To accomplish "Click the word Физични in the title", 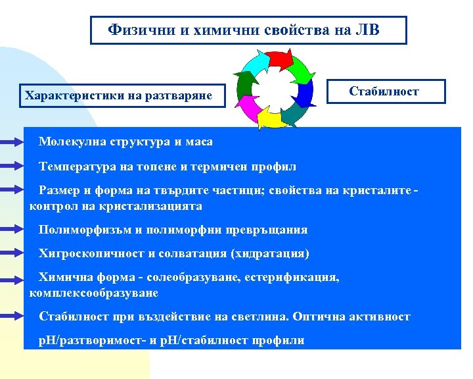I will [x=137, y=30].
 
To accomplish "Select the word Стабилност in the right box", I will [x=384, y=91].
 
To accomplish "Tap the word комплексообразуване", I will [x=94, y=291].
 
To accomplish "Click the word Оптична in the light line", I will [x=319, y=316].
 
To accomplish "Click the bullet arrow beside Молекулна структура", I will [x=11, y=141].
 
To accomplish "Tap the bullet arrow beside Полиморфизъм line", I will [x=11, y=230].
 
